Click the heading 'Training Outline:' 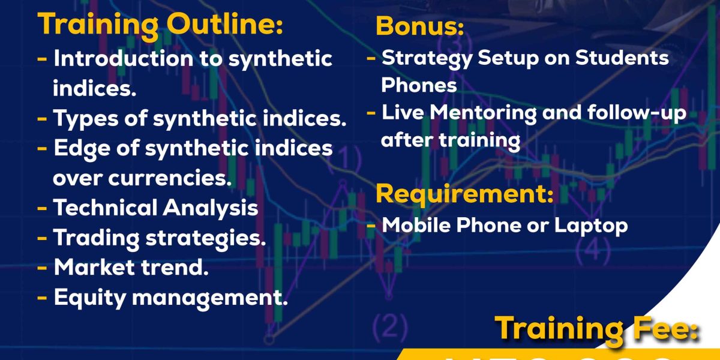(x=160, y=25)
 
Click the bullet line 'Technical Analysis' (x=155, y=208)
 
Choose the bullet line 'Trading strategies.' (x=160, y=238)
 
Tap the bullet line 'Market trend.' (x=131, y=268)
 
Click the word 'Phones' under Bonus (x=419, y=85)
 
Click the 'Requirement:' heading (x=464, y=194)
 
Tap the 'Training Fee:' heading (x=598, y=328)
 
